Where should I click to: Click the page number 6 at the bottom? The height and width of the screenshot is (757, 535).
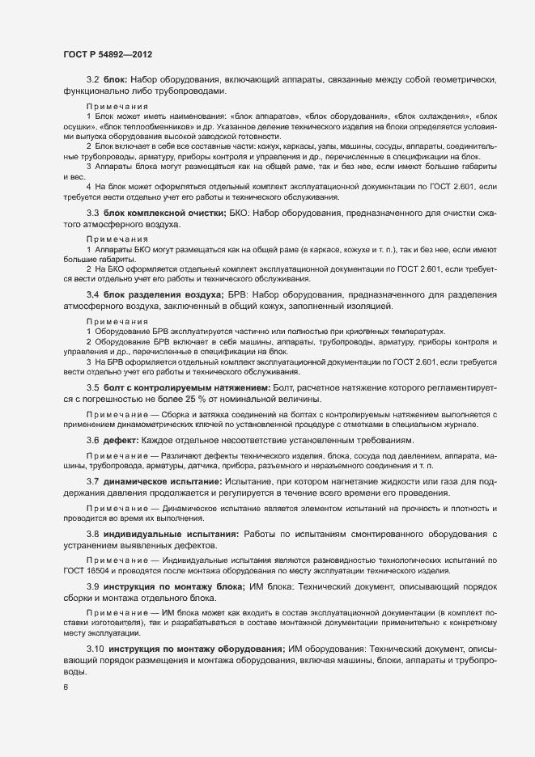click(65, 687)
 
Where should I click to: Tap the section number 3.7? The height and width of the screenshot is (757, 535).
click(92, 481)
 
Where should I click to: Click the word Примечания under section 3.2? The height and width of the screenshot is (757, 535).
click(116, 106)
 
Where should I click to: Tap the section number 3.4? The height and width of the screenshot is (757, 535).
click(92, 295)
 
